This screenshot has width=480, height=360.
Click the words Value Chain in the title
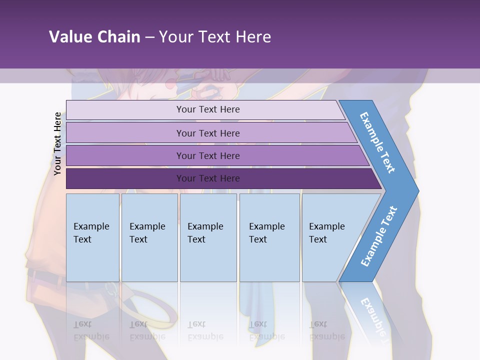(x=94, y=37)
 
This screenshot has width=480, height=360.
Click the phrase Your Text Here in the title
(x=215, y=37)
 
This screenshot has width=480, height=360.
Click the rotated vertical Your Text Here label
(x=57, y=144)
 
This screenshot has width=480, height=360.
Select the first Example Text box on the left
(x=92, y=237)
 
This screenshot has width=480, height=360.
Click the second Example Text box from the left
(x=149, y=237)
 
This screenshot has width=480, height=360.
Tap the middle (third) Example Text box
(x=208, y=237)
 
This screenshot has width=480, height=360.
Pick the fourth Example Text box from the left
(x=269, y=237)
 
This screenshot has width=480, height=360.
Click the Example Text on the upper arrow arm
(x=377, y=142)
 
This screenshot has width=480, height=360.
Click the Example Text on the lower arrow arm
(x=379, y=236)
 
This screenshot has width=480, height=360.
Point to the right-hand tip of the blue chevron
(x=417, y=191)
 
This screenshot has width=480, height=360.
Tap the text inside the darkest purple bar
(x=208, y=178)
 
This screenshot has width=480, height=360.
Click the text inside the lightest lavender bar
(x=208, y=109)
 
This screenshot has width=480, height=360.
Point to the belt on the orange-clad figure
(x=45, y=275)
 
